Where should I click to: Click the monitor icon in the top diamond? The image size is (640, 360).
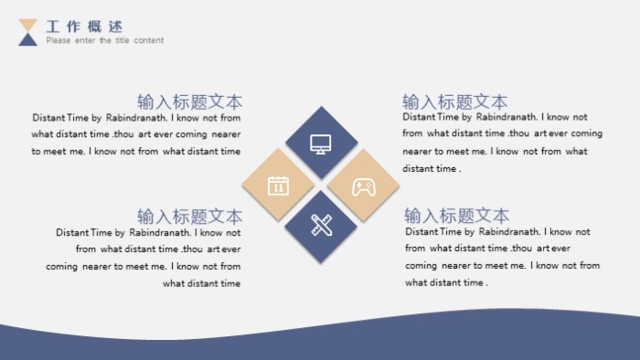tap(320, 143)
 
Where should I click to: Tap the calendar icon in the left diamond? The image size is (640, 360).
tap(278, 185)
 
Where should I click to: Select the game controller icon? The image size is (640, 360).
tap(364, 186)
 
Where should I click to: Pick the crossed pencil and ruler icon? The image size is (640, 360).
tap(320, 226)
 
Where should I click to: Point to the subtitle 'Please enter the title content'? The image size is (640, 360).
tap(105, 40)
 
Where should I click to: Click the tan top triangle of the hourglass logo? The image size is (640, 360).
tap(28, 25)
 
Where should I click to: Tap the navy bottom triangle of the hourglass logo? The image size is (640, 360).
tap(28, 38)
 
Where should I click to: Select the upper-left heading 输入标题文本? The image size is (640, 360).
tap(189, 101)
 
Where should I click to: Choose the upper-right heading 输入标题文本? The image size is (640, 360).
tap(455, 101)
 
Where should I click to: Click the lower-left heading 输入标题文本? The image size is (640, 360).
tap(189, 217)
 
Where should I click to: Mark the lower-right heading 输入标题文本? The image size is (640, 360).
tap(457, 217)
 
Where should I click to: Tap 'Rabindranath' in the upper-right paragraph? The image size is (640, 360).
tap(507, 117)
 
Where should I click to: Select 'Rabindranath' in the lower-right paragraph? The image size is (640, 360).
tap(509, 232)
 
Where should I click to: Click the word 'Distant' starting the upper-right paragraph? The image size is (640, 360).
tap(419, 117)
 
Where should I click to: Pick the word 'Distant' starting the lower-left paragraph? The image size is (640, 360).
tap(72, 232)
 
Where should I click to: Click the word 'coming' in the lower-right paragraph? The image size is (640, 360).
tap(421, 266)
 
